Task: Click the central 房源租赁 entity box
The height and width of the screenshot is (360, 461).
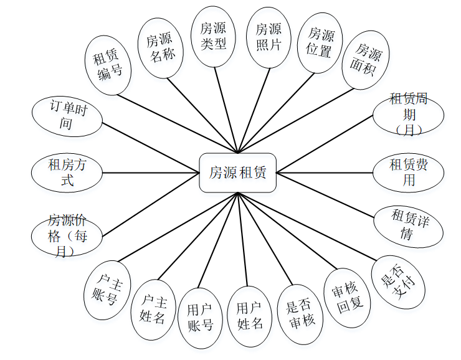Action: (x=237, y=173)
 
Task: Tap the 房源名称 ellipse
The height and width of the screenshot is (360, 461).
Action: (x=160, y=47)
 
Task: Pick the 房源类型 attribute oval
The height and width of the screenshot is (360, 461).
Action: (x=213, y=36)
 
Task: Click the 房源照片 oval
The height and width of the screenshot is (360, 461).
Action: (x=269, y=36)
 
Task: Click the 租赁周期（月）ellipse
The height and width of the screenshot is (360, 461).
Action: (x=408, y=114)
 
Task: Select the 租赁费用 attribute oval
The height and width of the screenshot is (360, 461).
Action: (x=408, y=173)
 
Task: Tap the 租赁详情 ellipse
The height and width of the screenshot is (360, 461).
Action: (x=408, y=224)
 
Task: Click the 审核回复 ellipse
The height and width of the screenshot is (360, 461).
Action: (x=349, y=299)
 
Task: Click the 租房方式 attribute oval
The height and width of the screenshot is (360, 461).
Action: (x=67, y=173)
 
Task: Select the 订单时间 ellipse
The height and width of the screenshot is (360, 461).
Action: (x=67, y=116)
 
